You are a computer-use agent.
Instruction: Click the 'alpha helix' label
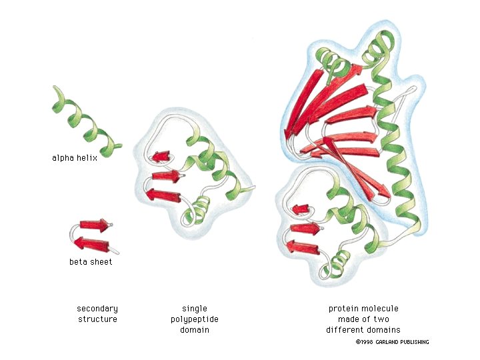coord(75,158)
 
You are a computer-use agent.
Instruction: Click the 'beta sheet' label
coord(91,262)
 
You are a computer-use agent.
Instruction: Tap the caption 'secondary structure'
coord(97,314)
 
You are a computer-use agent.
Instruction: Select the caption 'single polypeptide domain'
coord(195,319)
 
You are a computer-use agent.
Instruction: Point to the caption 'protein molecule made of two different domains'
coord(363,319)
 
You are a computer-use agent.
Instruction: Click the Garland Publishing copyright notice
coord(392,342)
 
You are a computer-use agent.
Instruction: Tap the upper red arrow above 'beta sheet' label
coord(94,225)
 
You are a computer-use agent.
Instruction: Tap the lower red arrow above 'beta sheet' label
coord(91,242)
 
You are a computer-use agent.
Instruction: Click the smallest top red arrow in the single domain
coord(160,157)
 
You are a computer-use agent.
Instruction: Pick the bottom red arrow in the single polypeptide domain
coord(163,195)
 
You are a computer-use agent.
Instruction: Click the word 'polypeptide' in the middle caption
coord(195,319)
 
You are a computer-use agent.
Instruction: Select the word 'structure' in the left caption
coord(97,319)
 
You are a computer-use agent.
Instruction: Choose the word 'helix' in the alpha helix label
coord(87,158)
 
